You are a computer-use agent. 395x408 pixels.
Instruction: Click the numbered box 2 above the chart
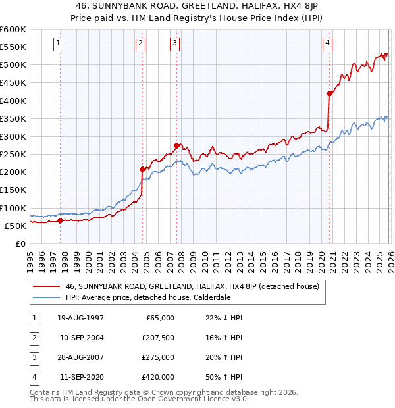(x=141, y=43)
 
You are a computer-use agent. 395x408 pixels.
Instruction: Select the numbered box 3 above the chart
(x=175, y=43)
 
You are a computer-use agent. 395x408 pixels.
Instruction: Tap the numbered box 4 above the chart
(x=327, y=43)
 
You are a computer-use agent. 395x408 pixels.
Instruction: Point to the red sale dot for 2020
(x=329, y=93)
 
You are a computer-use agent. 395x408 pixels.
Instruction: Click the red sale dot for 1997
(x=60, y=220)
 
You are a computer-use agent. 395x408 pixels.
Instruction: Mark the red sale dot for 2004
(x=142, y=169)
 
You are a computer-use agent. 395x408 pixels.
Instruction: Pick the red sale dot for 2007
(x=176, y=145)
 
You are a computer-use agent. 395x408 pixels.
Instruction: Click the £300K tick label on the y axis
(x=13, y=136)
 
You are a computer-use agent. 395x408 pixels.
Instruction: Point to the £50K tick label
(x=16, y=226)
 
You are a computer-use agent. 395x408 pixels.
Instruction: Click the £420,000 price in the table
(x=159, y=378)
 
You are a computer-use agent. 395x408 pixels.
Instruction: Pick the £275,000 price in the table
(x=159, y=358)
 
